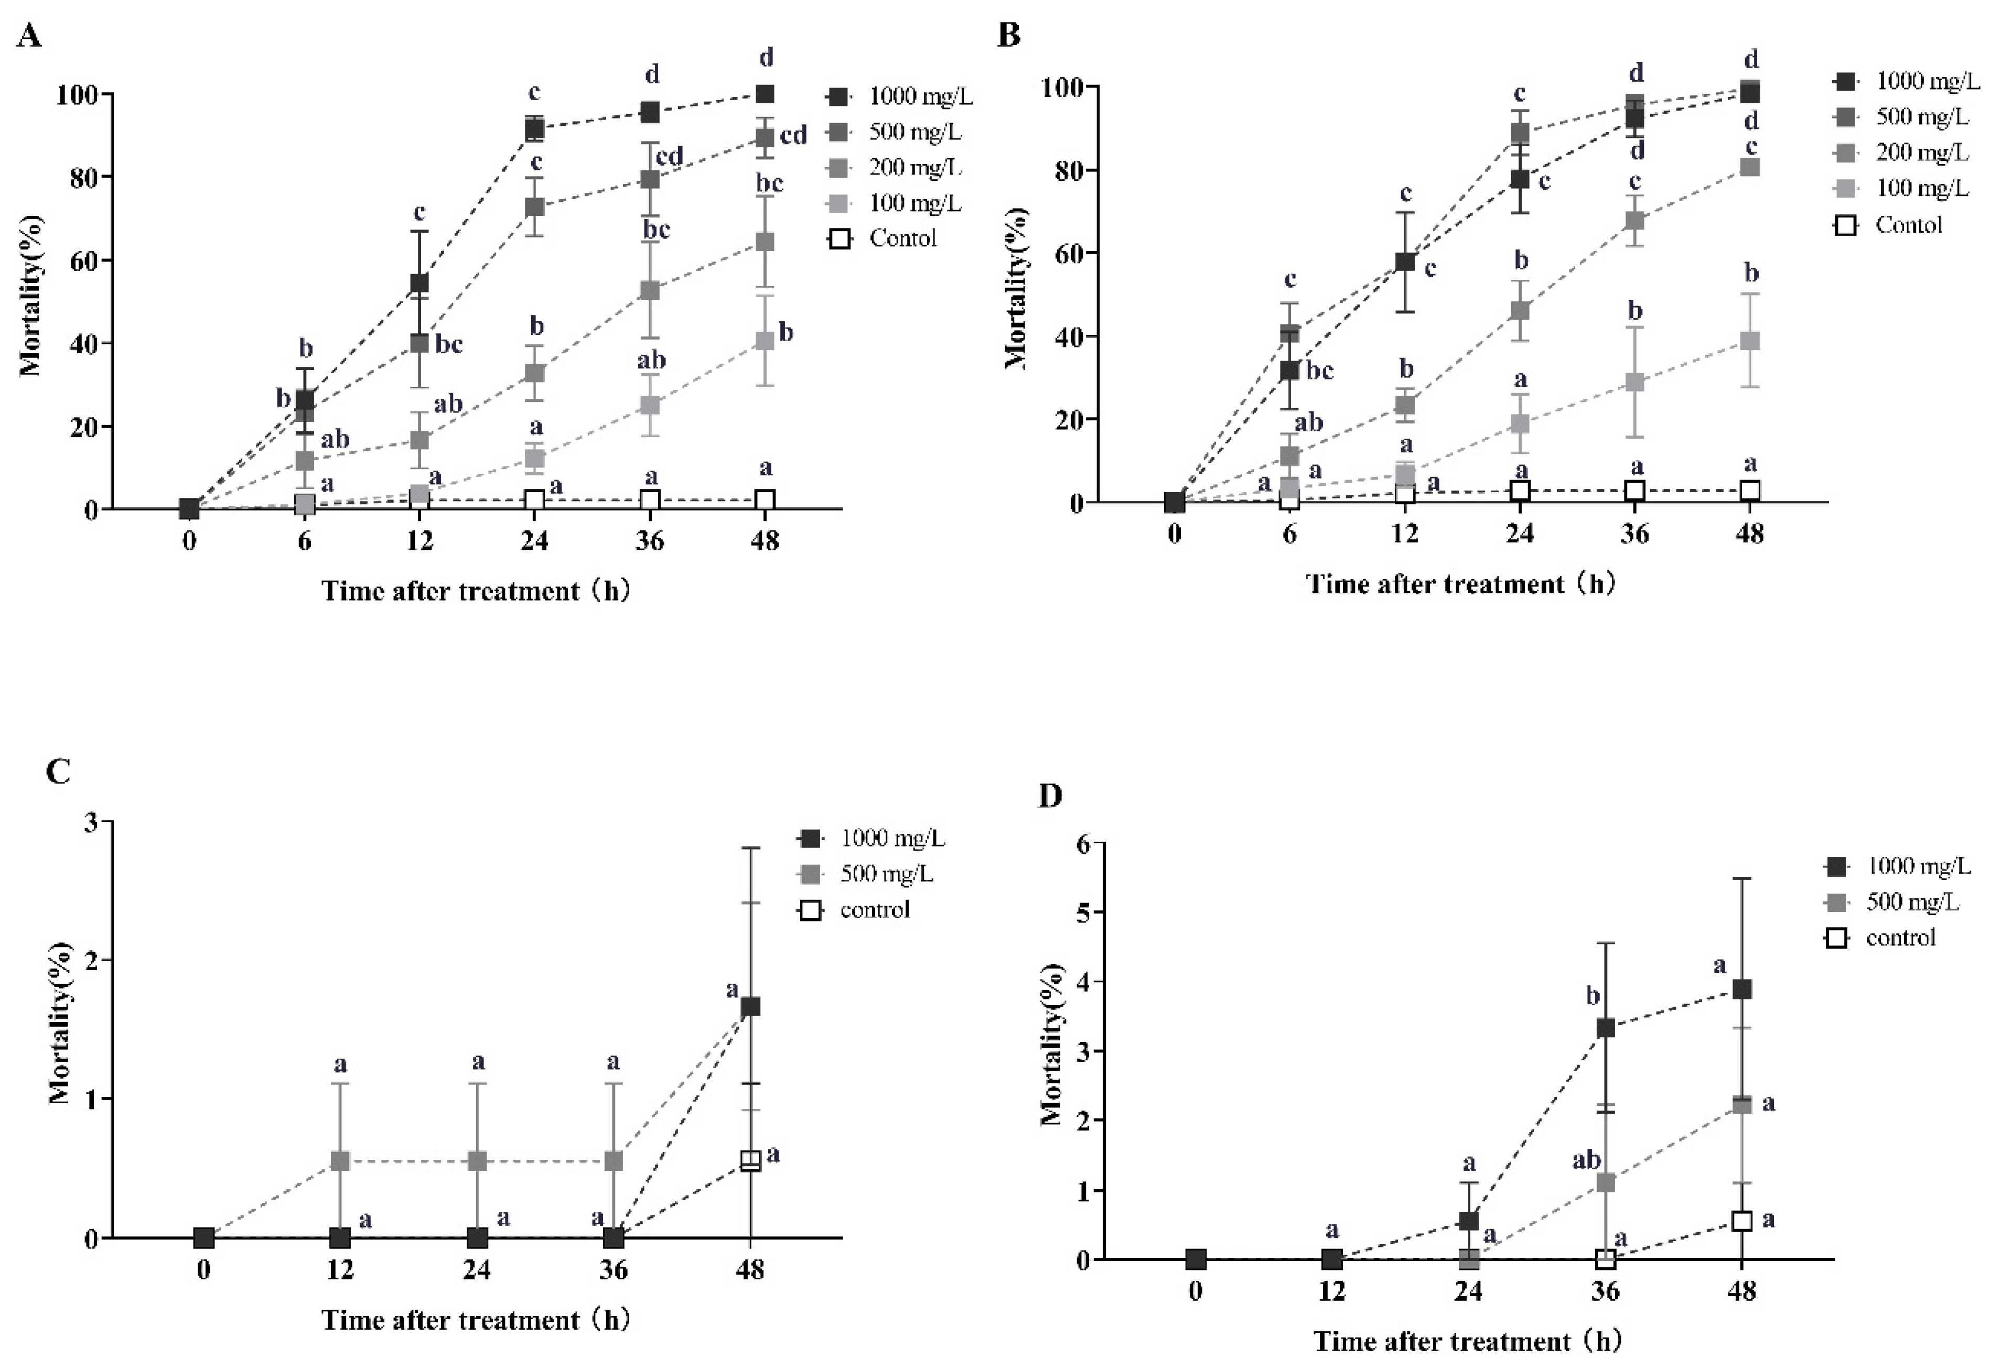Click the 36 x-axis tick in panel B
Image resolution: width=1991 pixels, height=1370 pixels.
(x=1635, y=534)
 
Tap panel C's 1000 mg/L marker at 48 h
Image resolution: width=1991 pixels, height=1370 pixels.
(x=750, y=1007)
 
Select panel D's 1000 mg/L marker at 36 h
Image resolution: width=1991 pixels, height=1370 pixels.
(x=1605, y=1027)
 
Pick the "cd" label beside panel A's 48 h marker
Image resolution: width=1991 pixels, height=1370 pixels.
(x=793, y=136)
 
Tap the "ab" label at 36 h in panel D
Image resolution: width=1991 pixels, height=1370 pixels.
(x=1586, y=1160)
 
